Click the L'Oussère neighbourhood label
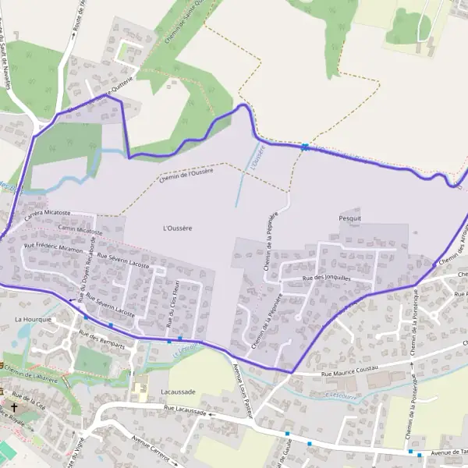pyautogui.click(x=179, y=228)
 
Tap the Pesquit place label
pyautogui.click(x=350, y=219)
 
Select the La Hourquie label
pyautogui.click(x=33, y=320)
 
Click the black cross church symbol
pyautogui.click(x=14, y=406)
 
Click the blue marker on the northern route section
pyautogui.click(x=305, y=146)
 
